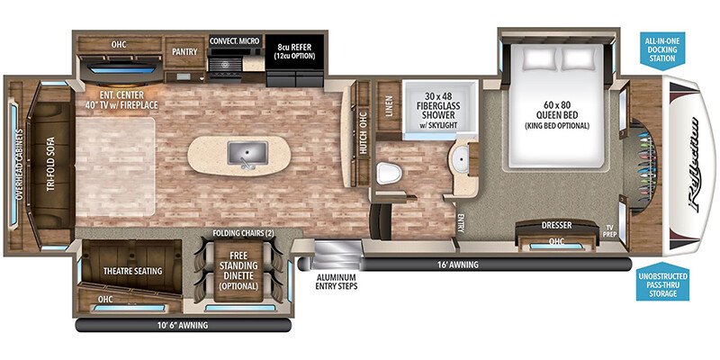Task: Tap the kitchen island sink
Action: click(247, 153)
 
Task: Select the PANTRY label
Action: click(184, 51)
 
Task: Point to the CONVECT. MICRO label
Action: click(235, 40)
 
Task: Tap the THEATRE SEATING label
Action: click(132, 271)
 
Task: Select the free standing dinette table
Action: click(238, 271)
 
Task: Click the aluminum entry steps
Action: click(336, 258)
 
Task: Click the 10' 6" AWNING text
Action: click(184, 326)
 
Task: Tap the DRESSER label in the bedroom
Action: click(556, 226)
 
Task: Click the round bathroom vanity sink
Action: click(461, 158)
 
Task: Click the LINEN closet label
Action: click(389, 106)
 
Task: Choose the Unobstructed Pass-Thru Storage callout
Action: click(662, 284)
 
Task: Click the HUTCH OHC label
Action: click(363, 137)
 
